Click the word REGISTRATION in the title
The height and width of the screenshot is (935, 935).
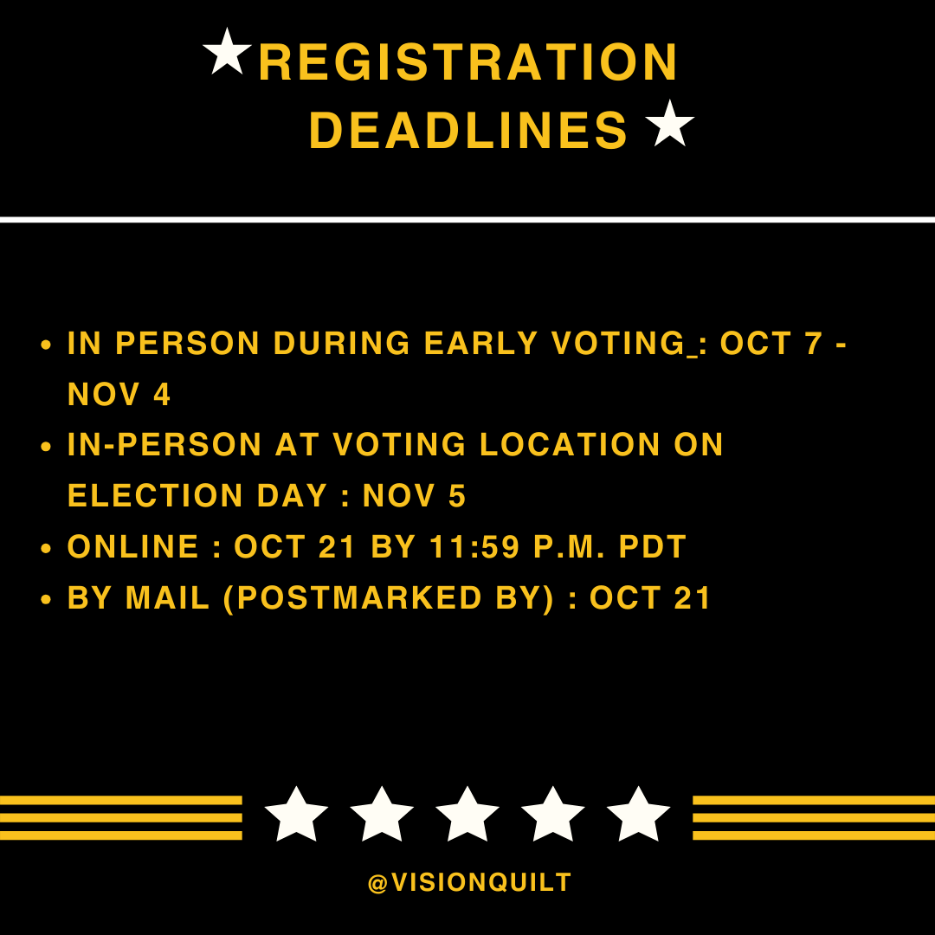(x=468, y=63)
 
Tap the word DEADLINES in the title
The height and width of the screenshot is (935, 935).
(x=468, y=132)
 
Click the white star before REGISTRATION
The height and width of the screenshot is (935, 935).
(x=227, y=52)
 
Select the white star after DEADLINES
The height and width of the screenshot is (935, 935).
(x=670, y=123)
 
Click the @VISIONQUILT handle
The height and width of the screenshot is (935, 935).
(x=469, y=883)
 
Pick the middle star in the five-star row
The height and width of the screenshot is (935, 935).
(x=467, y=815)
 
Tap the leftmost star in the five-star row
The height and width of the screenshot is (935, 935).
(x=296, y=815)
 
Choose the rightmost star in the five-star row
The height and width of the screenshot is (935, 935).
(x=638, y=815)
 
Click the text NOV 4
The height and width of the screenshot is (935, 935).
(x=119, y=395)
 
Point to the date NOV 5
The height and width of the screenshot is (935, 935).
(x=415, y=496)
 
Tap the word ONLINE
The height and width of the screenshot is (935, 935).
(x=133, y=547)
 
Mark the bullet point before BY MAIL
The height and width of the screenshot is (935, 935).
(x=48, y=599)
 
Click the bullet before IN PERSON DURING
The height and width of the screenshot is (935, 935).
(x=48, y=345)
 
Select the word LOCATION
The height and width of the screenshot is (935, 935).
(x=571, y=445)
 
